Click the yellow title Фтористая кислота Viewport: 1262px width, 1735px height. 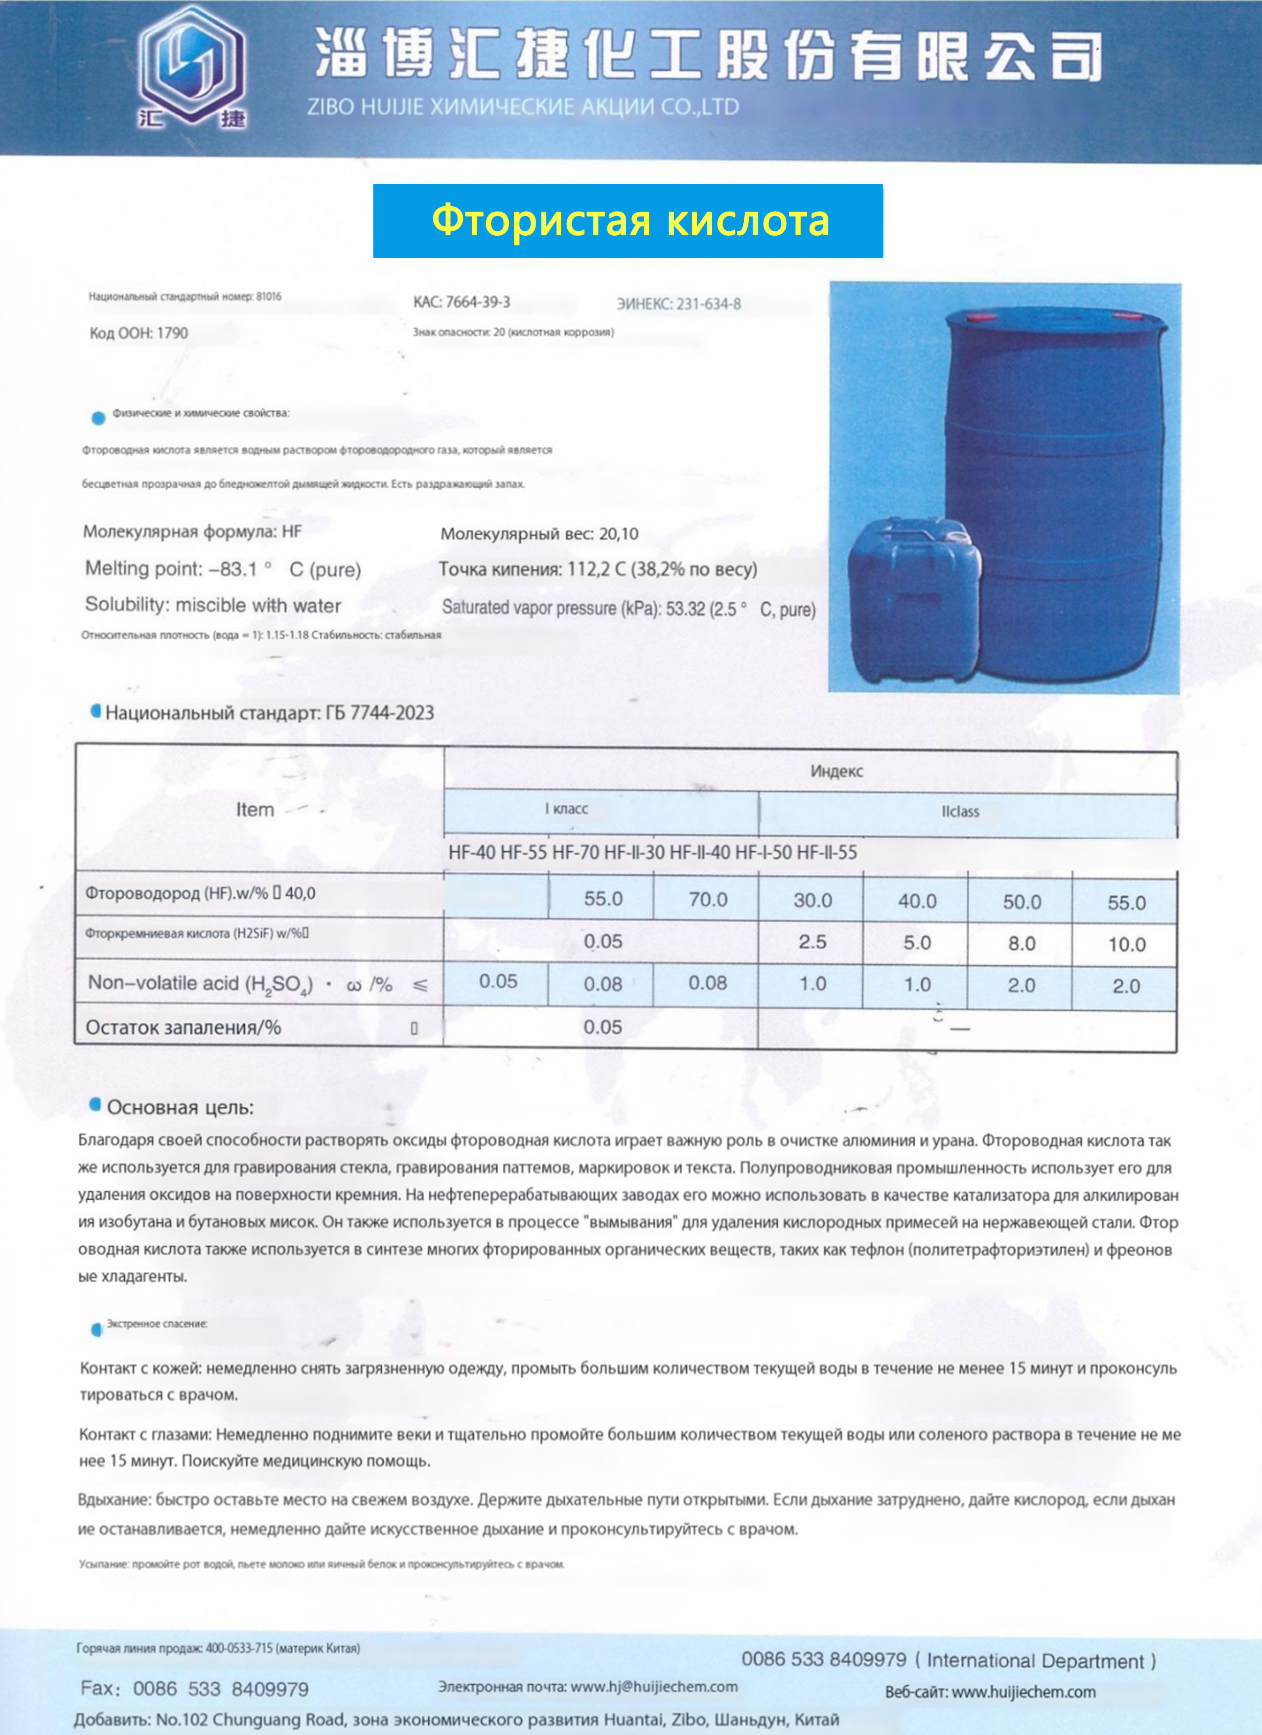pos(630,220)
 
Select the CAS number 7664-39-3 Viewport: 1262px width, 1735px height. pos(478,302)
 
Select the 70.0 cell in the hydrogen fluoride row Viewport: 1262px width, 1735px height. pos(707,900)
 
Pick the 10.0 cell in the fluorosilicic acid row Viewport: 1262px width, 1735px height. pos(1126,945)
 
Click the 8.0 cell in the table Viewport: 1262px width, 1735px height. pos(1022,943)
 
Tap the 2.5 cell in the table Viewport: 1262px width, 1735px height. pos(812,942)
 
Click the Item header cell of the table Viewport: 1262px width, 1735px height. pos(255,809)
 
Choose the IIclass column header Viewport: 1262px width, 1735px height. pos(960,812)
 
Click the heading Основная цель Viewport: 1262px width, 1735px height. pos(180,1107)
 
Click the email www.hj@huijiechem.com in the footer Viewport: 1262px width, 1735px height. pos(654,1686)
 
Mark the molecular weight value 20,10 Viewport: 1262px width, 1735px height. pos(618,534)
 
